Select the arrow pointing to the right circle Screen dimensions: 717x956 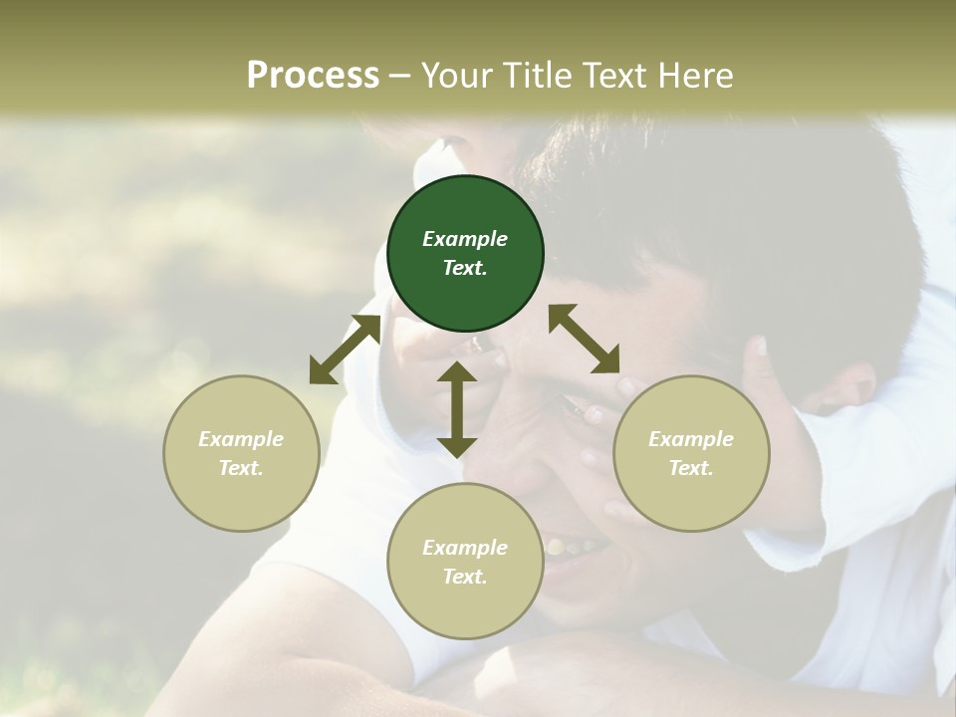click(x=584, y=339)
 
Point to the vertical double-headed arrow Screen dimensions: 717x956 click(x=457, y=409)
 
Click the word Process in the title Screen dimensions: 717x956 click(x=313, y=75)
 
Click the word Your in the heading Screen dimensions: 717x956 click(x=454, y=75)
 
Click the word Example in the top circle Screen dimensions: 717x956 click(x=465, y=239)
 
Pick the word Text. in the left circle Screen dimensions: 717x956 click(x=241, y=468)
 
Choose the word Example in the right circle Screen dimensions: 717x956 click(x=691, y=439)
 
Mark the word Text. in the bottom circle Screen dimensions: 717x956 click(x=465, y=577)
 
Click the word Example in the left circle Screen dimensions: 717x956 click(x=241, y=439)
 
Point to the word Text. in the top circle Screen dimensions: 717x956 click(x=465, y=268)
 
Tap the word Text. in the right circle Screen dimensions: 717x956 click(x=691, y=468)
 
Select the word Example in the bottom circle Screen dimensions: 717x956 click(x=465, y=548)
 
